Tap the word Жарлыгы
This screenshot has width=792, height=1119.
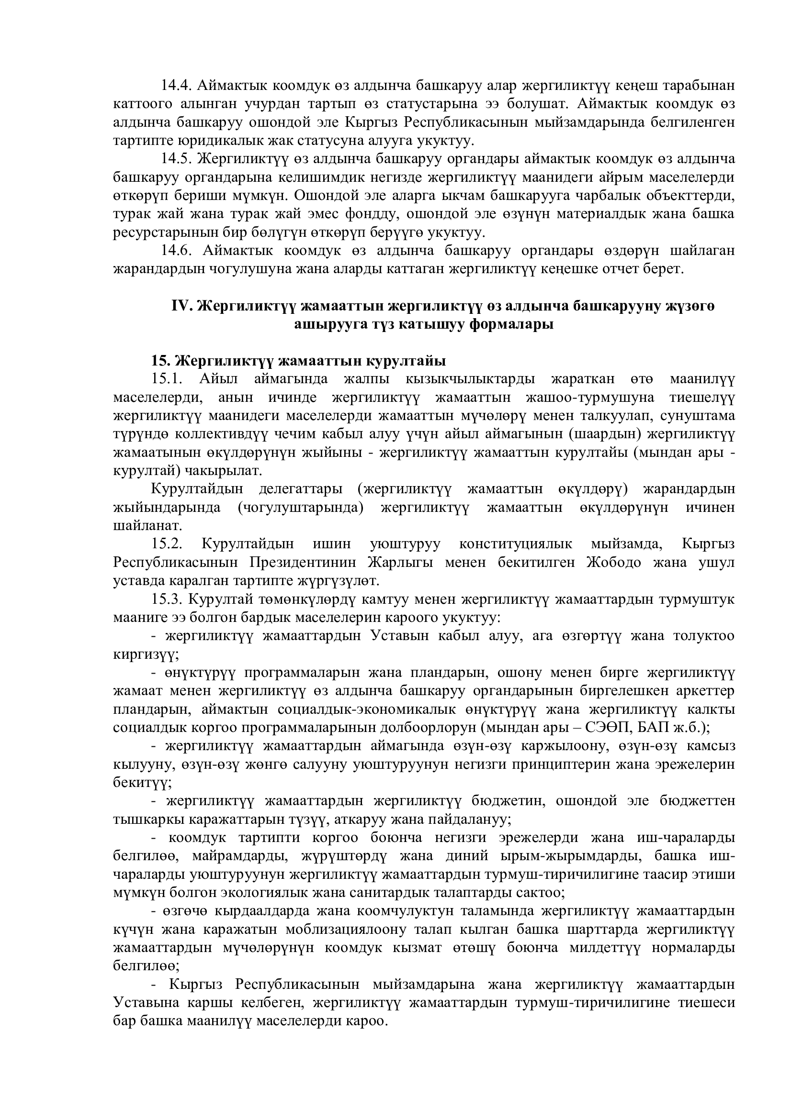[x=398, y=563]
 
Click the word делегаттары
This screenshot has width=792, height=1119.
[x=300, y=489]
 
